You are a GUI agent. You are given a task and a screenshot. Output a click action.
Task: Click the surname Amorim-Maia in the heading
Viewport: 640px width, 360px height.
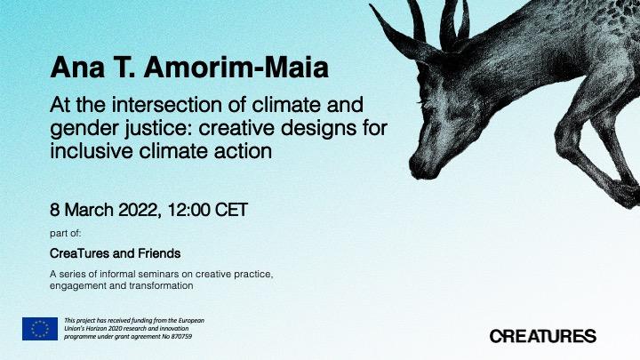pos(236,68)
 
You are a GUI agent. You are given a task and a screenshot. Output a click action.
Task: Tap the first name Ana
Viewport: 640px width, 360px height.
pos(77,68)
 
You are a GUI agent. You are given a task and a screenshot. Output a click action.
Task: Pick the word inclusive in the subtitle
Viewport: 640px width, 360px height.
pos(92,151)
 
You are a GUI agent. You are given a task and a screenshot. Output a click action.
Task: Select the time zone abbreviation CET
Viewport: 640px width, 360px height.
pos(231,210)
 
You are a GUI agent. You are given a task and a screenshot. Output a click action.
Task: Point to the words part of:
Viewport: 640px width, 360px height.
pos(65,234)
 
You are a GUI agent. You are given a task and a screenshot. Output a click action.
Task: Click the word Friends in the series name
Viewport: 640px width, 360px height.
pos(159,253)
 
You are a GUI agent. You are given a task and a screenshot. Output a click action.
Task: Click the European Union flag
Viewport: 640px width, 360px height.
pos(40,329)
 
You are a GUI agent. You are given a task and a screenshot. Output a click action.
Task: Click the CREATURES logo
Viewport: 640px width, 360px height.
pos(543,336)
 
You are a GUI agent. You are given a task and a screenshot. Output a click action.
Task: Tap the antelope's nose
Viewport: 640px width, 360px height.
pos(419,168)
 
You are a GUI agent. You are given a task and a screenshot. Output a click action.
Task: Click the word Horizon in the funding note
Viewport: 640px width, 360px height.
pos(89,329)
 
